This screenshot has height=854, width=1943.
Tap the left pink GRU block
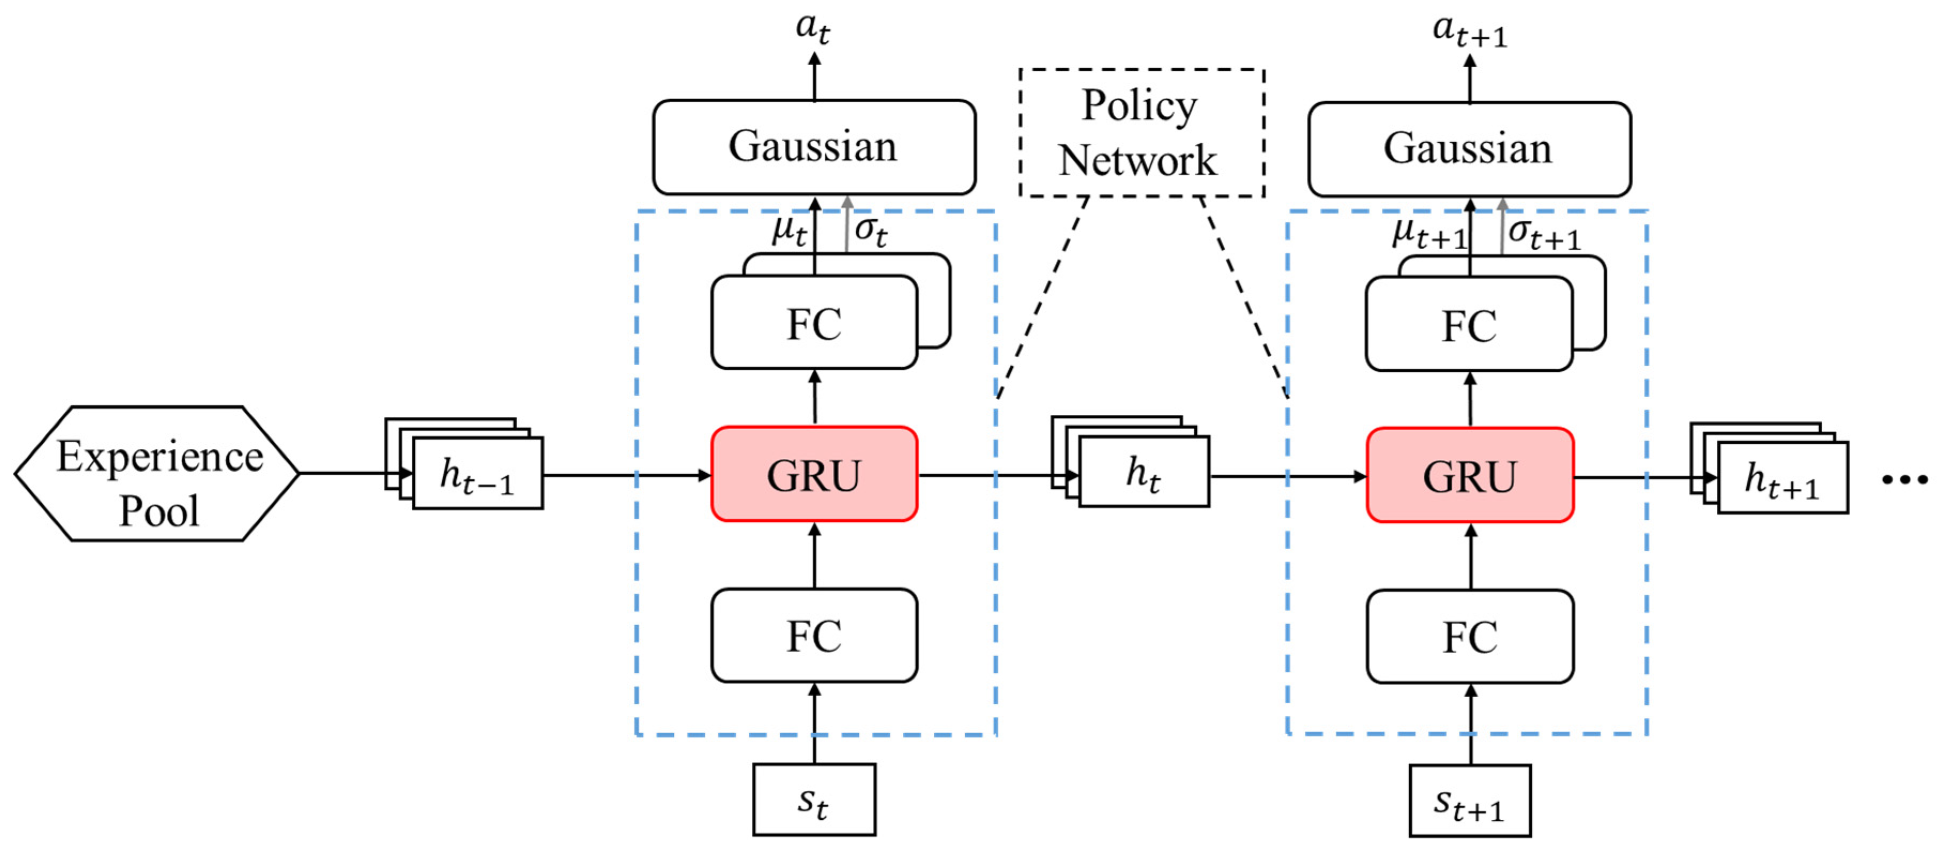(x=814, y=474)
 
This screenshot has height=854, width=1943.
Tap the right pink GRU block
(x=1469, y=475)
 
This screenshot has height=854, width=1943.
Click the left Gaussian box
(x=814, y=147)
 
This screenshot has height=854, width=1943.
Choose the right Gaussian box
(x=1469, y=149)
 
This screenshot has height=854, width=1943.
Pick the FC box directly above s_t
(x=814, y=635)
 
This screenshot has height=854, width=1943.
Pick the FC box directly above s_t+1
(x=1469, y=637)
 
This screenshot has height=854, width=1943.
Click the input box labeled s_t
(x=814, y=799)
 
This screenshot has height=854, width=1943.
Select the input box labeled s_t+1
(x=1469, y=801)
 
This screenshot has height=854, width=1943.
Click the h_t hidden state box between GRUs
(x=1143, y=472)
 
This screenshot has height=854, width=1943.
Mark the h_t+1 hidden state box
(x=1783, y=478)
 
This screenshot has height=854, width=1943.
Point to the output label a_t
(x=813, y=29)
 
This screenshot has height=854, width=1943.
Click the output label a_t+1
(x=1469, y=30)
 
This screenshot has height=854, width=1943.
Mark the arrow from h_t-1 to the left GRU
(x=626, y=475)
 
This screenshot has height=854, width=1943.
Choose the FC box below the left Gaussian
(x=814, y=323)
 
